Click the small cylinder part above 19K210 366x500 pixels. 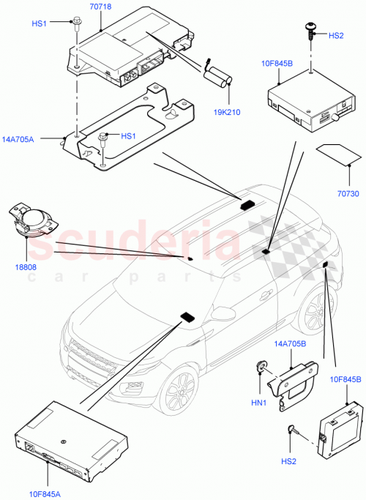point(218,75)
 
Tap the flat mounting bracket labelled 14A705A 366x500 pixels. point(132,128)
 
